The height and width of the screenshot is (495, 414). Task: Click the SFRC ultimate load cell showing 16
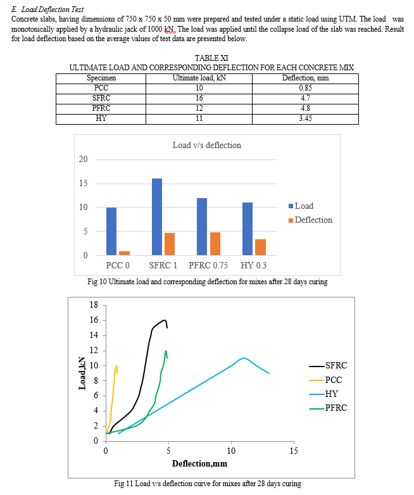pos(199,98)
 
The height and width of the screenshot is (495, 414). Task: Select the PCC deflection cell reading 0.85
pos(305,88)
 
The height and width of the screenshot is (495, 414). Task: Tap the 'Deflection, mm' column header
pos(305,78)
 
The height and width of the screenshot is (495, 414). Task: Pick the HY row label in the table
pos(101,118)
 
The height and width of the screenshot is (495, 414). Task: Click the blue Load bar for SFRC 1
pos(157,217)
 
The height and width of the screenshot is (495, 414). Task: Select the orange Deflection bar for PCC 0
pos(125,253)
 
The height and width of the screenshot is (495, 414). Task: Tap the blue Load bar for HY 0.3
pos(248,229)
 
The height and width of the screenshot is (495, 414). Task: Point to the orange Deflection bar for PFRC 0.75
pos(215,244)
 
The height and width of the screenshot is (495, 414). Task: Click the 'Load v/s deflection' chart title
pos(207,145)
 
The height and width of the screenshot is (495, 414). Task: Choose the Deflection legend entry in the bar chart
pos(310,220)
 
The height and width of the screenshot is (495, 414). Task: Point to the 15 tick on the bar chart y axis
pos(83,184)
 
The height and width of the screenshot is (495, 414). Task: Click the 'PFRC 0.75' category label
pos(208,265)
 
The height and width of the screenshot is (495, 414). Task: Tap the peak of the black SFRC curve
pos(165,320)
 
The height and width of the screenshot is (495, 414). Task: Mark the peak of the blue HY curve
pos(244,358)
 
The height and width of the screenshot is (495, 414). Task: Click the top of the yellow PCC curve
pos(116,366)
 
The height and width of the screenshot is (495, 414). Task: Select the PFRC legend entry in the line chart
pos(328,408)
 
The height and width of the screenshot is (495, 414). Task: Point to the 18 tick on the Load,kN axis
pos(94,305)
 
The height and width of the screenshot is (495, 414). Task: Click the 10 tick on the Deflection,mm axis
pos(231,451)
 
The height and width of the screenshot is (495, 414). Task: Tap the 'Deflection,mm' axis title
pos(199,464)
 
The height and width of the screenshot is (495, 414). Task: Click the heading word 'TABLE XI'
pos(211,58)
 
